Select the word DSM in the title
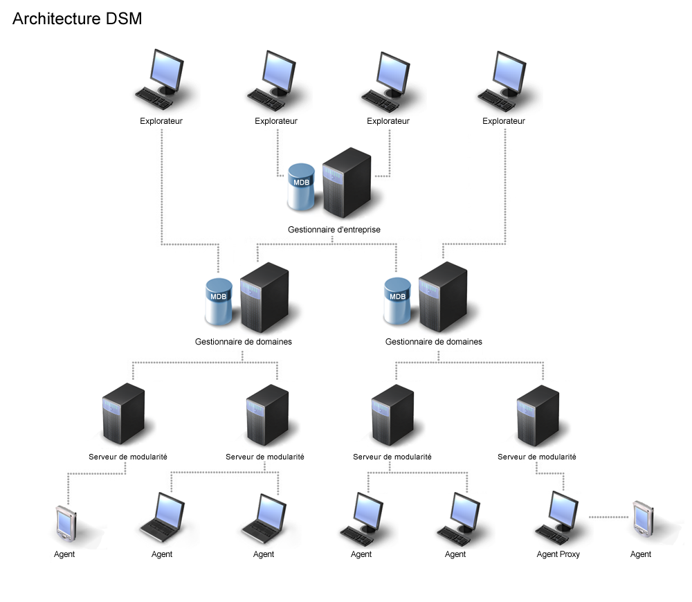point(124,19)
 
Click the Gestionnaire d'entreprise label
point(334,229)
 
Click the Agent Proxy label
point(558,554)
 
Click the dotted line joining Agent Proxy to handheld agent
point(610,516)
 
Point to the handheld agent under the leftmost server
point(65,525)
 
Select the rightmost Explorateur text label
point(503,121)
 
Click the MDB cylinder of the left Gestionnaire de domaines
point(219,302)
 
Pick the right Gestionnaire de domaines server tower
point(443,298)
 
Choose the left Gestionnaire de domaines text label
point(243,342)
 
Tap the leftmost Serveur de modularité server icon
point(123,415)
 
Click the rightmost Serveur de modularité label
point(536,457)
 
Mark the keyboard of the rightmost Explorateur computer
point(495,98)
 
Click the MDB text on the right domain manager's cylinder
point(398,297)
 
